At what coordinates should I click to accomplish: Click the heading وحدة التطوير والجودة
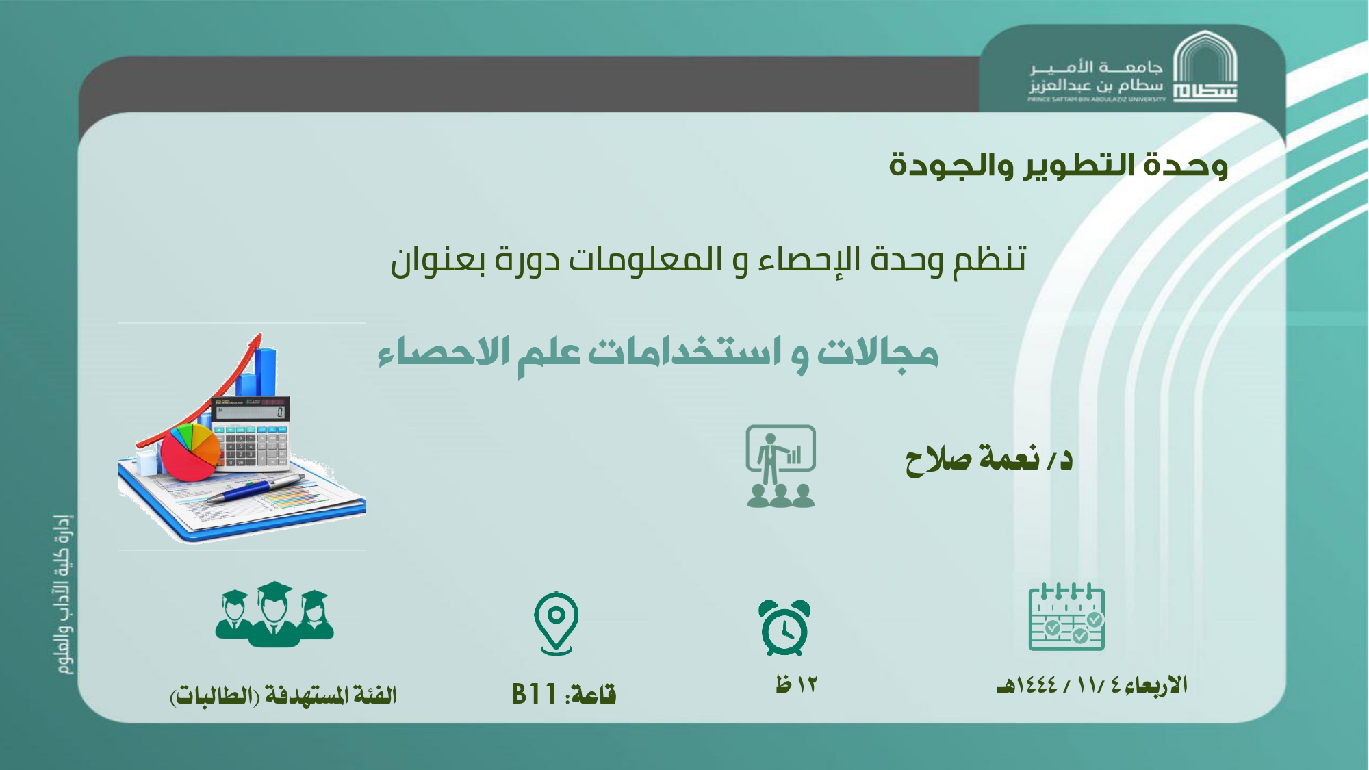point(1058,166)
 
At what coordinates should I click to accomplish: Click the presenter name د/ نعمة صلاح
point(989,459)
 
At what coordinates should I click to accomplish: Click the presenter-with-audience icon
point(781,466)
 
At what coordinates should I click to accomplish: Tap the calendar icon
point(1066,617)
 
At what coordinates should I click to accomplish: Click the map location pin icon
point(556,624)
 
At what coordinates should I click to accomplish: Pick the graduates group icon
point(274,614)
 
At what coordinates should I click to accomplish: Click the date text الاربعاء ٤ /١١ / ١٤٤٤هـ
point(1092,685)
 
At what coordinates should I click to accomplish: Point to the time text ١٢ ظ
point(797,684)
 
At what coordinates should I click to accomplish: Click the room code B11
point(534,694)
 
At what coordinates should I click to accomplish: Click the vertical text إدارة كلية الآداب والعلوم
point(64,594)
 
